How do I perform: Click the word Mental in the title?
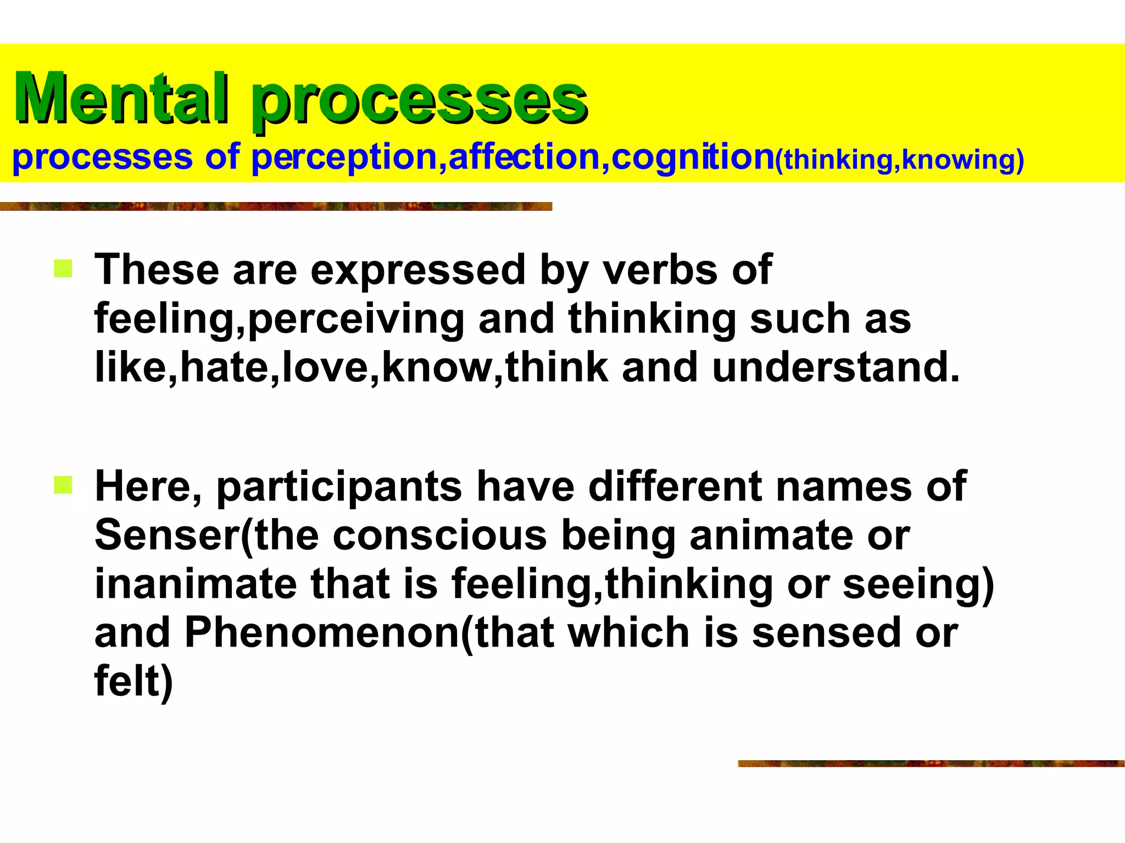[121, 99]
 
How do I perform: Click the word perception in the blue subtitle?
[344, 158]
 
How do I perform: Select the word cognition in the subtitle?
[692, 158]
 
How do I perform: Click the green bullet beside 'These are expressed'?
[63, 269]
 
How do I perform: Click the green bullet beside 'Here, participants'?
[63, 485]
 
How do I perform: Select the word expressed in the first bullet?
[418, 270]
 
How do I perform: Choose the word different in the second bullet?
[675, 486]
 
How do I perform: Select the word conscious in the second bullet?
[439, 535]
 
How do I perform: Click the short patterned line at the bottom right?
[931, 763]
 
